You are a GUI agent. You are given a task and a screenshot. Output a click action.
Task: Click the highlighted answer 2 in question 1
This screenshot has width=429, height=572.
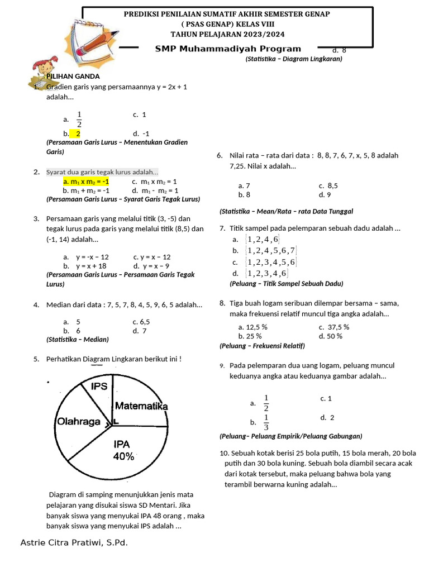pos(78,134)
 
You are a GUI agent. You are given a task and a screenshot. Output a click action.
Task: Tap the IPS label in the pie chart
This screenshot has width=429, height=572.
pos(99,386)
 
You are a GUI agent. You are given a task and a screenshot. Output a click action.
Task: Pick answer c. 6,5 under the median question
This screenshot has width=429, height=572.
pos(141,322)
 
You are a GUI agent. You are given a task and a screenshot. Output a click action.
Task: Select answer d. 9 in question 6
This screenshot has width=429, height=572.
pos(325,195)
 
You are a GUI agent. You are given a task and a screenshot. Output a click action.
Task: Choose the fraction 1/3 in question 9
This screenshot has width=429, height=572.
pos(266,422)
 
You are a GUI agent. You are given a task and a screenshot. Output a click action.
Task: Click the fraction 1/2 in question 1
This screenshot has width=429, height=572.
pos(79,119)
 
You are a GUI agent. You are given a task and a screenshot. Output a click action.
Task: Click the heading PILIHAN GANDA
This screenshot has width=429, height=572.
pos(73,76)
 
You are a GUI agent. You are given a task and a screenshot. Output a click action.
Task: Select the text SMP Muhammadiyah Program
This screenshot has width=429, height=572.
pos(228,49)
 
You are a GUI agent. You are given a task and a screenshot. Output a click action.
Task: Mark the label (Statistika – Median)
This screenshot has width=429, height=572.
pos(78,339)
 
